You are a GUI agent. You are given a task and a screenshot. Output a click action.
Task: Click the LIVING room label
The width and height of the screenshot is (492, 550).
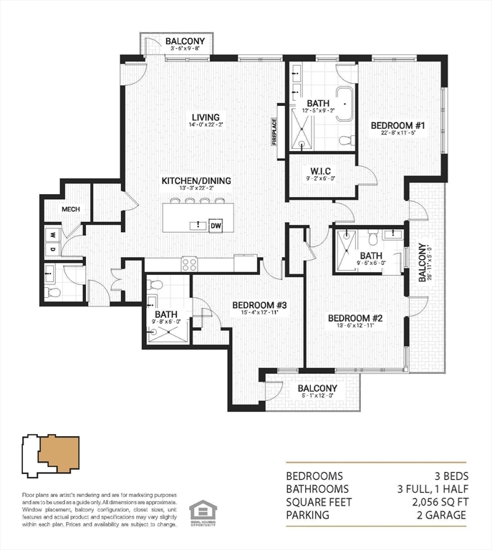tap(205, 117)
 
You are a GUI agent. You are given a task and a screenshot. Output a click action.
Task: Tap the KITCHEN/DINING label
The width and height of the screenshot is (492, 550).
tap(196, 180)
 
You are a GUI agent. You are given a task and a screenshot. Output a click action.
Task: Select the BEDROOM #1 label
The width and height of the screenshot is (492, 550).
tap(398, 126)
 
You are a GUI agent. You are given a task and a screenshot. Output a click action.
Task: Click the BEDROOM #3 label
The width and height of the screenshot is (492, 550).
tap(259, 305)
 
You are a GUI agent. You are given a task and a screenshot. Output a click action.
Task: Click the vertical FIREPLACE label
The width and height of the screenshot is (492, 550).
tap(274, 132)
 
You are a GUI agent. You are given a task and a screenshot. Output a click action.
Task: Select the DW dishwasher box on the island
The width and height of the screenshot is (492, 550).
tap(216, 226)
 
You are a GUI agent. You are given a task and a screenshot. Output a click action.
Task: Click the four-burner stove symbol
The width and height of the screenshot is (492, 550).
tap(190, 264)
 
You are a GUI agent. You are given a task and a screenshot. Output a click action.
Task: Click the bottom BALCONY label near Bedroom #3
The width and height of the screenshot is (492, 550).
tap(317, 389)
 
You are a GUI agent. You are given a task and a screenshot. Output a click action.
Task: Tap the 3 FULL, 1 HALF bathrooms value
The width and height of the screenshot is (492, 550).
tap(430, 489)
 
